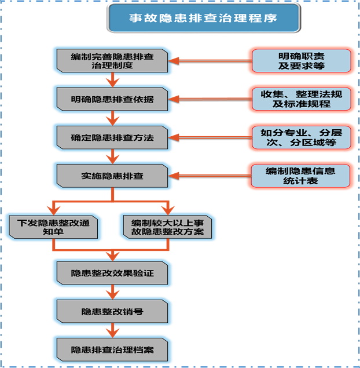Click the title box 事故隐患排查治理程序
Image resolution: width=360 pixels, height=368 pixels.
[x=203, y=19]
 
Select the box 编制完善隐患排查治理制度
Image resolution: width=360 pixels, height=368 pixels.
[x=113, y=61]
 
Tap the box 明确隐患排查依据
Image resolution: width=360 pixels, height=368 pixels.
[x=113, y=99]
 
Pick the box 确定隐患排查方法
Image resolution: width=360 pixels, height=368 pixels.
[x=113, y=137]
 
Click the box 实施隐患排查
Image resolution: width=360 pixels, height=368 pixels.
[x=113, y=176]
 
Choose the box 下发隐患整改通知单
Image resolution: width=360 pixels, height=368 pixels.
[x=53, y=227]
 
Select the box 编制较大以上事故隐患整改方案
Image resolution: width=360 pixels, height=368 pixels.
[x=167, y=227]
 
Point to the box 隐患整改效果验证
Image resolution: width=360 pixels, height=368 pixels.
[x=113, y=272]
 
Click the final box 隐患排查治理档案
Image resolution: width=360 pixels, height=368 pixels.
[x=113, y=349]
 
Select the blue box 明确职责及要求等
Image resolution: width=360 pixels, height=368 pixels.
[x=301, y=61]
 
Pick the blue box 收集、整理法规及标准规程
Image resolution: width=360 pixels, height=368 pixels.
[x=301, y=99]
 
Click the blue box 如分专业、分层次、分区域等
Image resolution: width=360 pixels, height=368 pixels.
[x=301, y=137]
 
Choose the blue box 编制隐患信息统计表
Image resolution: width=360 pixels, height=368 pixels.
[x=301, y=176]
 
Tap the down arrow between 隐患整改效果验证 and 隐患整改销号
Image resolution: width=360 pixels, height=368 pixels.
[x=113, y=292]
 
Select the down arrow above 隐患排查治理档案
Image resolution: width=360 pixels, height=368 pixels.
[x=113, y=330]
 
